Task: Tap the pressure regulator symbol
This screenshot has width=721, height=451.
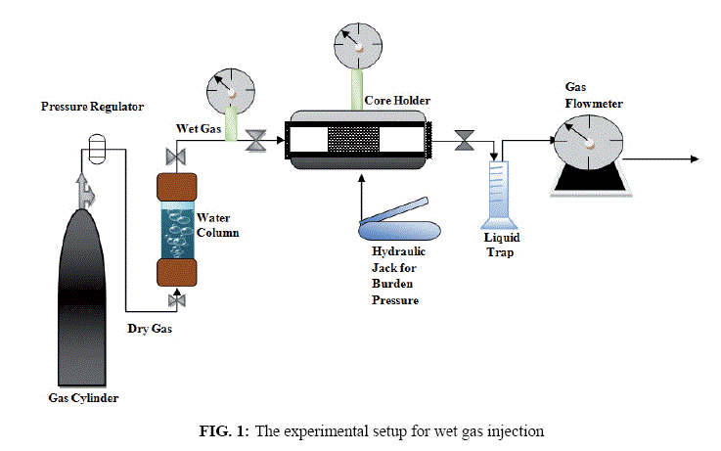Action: (x=97, y=149)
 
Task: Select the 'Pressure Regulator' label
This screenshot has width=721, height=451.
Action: (x=92, y=107)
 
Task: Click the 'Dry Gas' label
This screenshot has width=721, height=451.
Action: (x=150, y=329)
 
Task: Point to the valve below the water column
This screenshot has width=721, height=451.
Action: (x=176, y=300)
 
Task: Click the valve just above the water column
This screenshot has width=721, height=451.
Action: (x=176, y=158)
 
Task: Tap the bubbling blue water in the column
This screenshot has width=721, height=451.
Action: (x=177, y=234)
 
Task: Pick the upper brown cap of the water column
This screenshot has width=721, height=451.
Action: (x=177, y=187)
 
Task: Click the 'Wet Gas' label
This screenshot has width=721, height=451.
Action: (x=199, y=129)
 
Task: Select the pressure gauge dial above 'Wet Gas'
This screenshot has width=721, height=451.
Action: (x=230, y=92)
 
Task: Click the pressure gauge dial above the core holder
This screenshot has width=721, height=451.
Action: (x=358, y=46)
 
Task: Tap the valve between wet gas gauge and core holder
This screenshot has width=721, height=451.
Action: (x=255, y=141)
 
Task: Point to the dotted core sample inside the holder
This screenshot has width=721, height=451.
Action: (x=353, y=139)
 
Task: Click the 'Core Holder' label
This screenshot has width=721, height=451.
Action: (x=397, y=101)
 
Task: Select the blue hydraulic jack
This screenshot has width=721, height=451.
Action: (x=399, y=224)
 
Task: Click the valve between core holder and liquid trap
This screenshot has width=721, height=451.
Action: (x=465, y=140)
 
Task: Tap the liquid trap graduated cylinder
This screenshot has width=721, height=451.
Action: (x=499, y=195)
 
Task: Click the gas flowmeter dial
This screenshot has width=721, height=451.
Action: (x=589, y=143)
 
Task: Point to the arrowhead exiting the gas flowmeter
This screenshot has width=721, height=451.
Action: (x=695, y=159)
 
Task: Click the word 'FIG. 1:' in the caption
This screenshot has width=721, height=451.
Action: (x=224, y=431)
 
